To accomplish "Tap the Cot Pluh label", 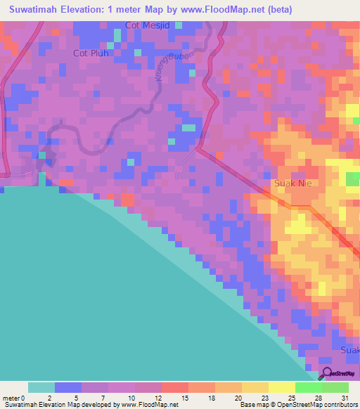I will (x=91, y=53).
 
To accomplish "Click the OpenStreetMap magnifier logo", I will (x=325, y=373).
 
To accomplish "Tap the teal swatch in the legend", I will (x=41, y=387).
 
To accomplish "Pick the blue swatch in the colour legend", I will (x=68, y=387).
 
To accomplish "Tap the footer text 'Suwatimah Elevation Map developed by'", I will (x=60, y=405).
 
